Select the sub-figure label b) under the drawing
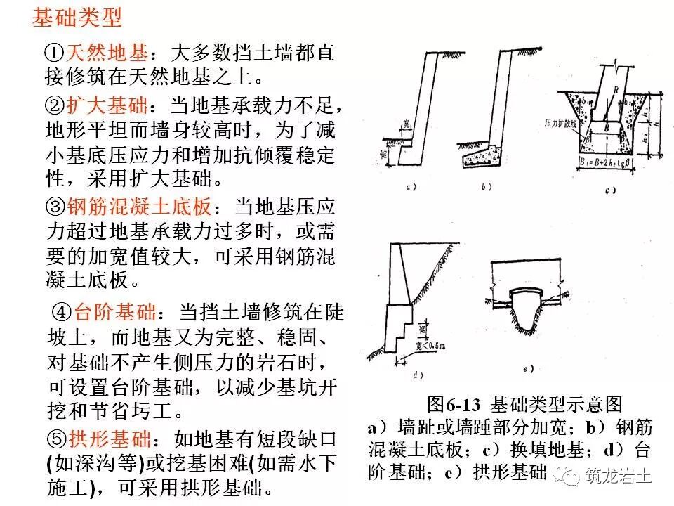coord(487,188)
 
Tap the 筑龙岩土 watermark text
coord(619,477)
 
